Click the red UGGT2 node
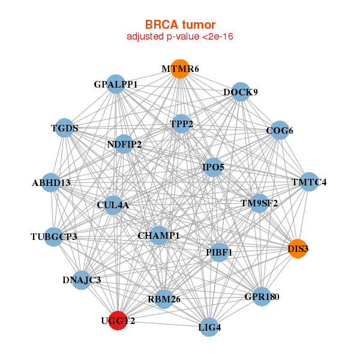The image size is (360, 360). click(118, 320)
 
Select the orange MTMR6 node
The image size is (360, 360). click(180, 69)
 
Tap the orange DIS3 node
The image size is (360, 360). click(298, 248)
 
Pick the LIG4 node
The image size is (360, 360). click(209, 327)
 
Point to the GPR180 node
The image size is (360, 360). click(262, 296)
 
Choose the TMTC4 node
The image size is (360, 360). click(309, 182)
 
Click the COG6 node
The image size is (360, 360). click(280, 130)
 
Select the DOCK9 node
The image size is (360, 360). click(241, 92)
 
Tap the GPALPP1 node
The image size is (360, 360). click(116, 84)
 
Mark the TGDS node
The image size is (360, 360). click(65, 128)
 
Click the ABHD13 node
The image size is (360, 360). click(51, 182)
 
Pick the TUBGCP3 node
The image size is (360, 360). click(54, 237)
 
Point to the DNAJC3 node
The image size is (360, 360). click(82, 280)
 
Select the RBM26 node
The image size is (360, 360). click(164, 299)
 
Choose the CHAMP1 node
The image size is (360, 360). click(158, 236)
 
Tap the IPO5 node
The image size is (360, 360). click(213, 167)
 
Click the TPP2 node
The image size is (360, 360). click(181, 124)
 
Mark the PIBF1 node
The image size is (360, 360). click(219, 253)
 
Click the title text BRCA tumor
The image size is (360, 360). click(180, 25)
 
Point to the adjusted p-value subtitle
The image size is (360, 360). click(180, 37)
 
